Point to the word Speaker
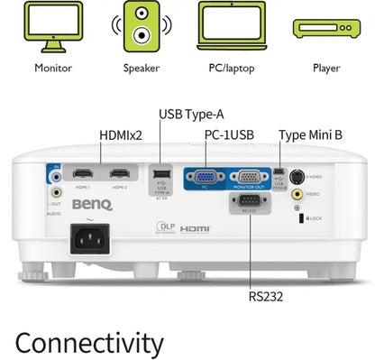tap(142, 67)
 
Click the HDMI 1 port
tap(83, 174)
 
